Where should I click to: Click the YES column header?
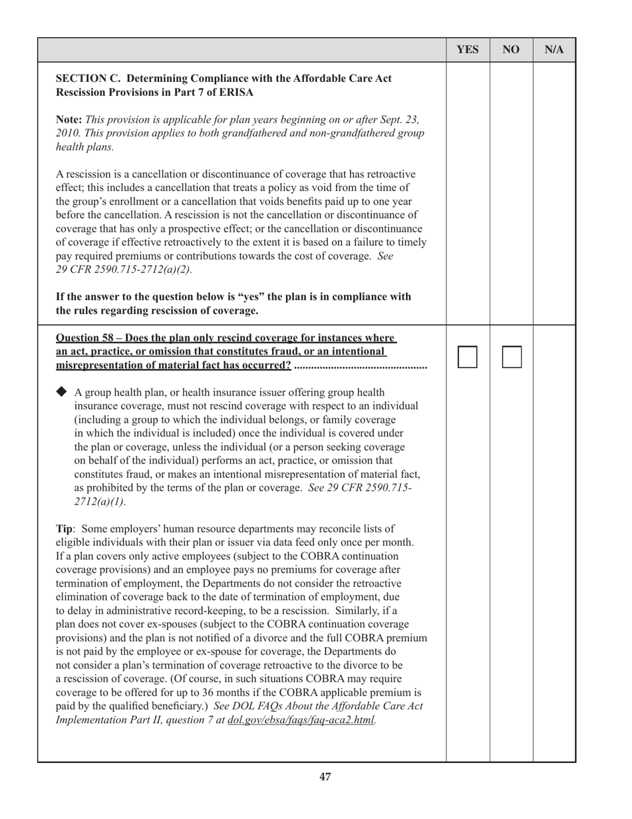[468, 50]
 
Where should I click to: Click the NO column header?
[511, 50]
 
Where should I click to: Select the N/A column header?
[554, 50]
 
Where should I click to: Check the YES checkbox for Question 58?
[468, 357]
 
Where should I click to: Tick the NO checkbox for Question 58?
[512, 357]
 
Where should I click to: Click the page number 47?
[325, 776]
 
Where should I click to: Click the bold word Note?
[69, 119]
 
